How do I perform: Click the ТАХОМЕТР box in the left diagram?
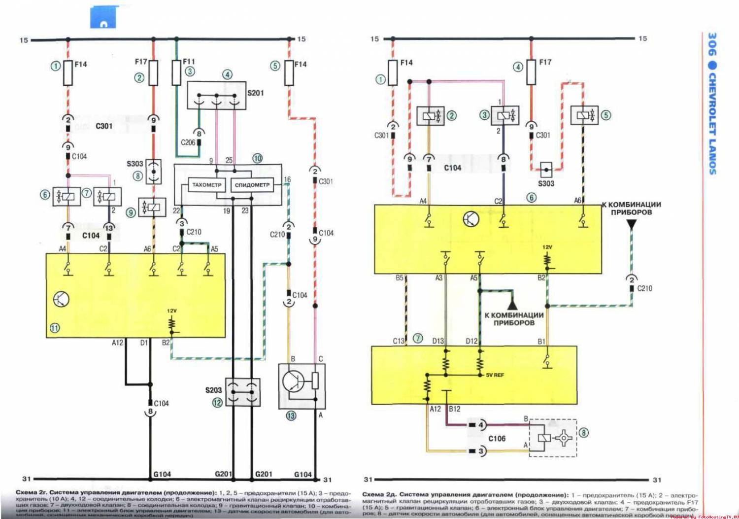tap(206, 185)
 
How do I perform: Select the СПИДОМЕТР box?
tap(252, 185)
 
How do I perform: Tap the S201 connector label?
tap(255, 93)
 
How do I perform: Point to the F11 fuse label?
tap(189, 62)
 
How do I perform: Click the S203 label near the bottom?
tap(213, 390)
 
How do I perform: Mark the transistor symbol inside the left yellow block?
tap(61, 299)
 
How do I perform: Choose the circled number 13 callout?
tap(291, 415)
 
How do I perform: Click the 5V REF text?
tap(495, 375)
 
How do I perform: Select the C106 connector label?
tap(497, 438)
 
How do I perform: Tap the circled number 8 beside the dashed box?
tap(583, 433)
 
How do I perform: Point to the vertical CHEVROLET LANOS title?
tap(712, 123)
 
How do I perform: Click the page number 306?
tap(712, 44)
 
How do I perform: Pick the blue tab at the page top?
tap(103, 17)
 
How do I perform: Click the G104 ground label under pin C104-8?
tap(162, 474)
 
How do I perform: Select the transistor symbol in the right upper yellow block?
tap(471, 219)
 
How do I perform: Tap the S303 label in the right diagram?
tap(546, 183)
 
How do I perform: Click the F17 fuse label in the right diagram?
tap(545, 62)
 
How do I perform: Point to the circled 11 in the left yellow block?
tap(55, 328)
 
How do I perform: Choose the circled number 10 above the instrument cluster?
tap(257, 158)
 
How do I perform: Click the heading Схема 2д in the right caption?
tap(379, 494)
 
